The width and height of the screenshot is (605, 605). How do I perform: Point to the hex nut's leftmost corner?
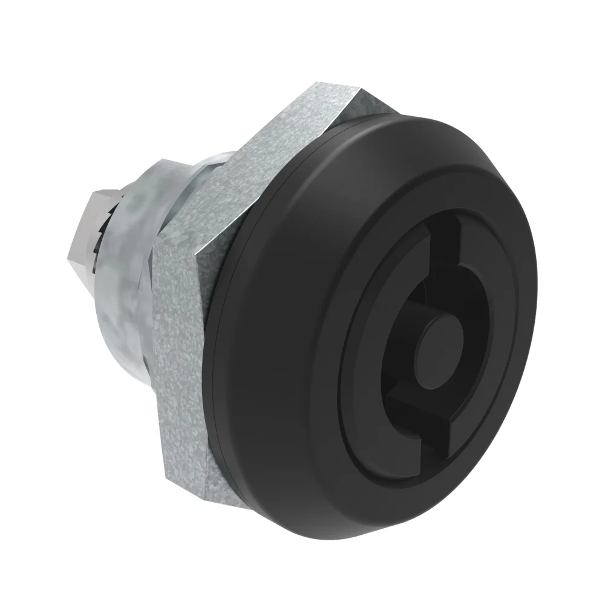[155, 254]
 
